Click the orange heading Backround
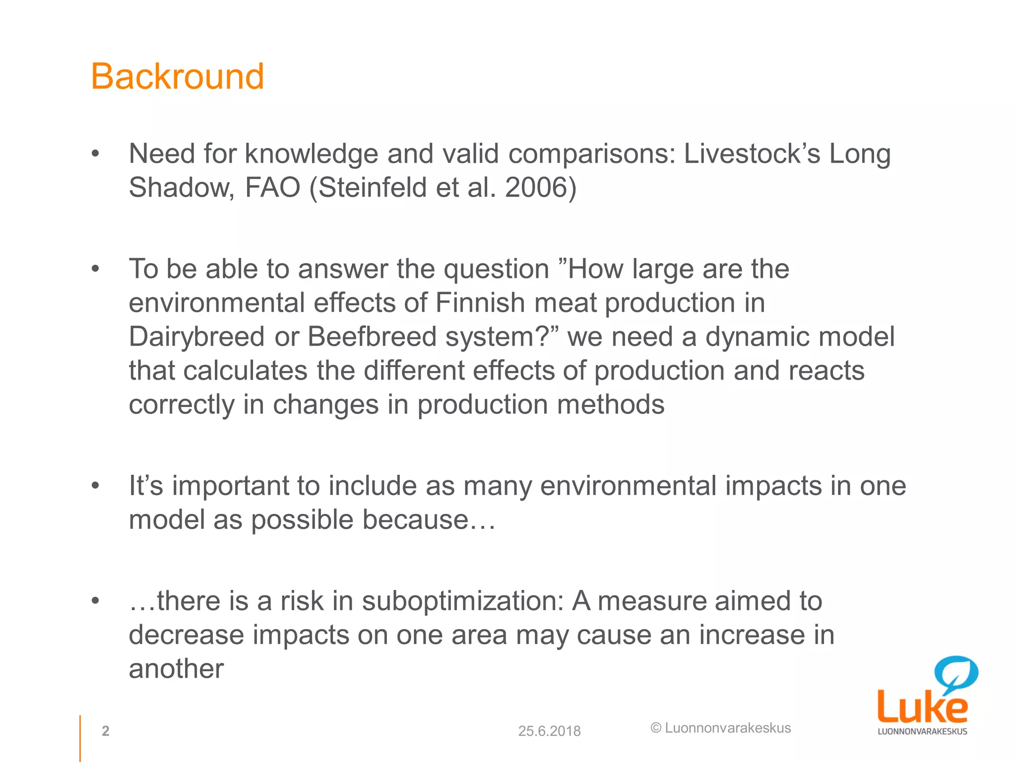(x=177, y=77)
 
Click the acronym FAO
(x=273, y=188)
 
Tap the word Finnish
(x=480, y=303)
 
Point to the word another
(x=176, y=669)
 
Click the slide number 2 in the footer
(x=105, y=731)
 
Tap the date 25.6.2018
(x=549, y=731)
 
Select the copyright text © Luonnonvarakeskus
(x=720, y=728)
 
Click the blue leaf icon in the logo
(x=956, y=672)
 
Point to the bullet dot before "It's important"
(x=96, y=486)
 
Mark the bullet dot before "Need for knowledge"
(x=96, y=154)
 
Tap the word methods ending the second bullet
(x=610, y=404)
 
